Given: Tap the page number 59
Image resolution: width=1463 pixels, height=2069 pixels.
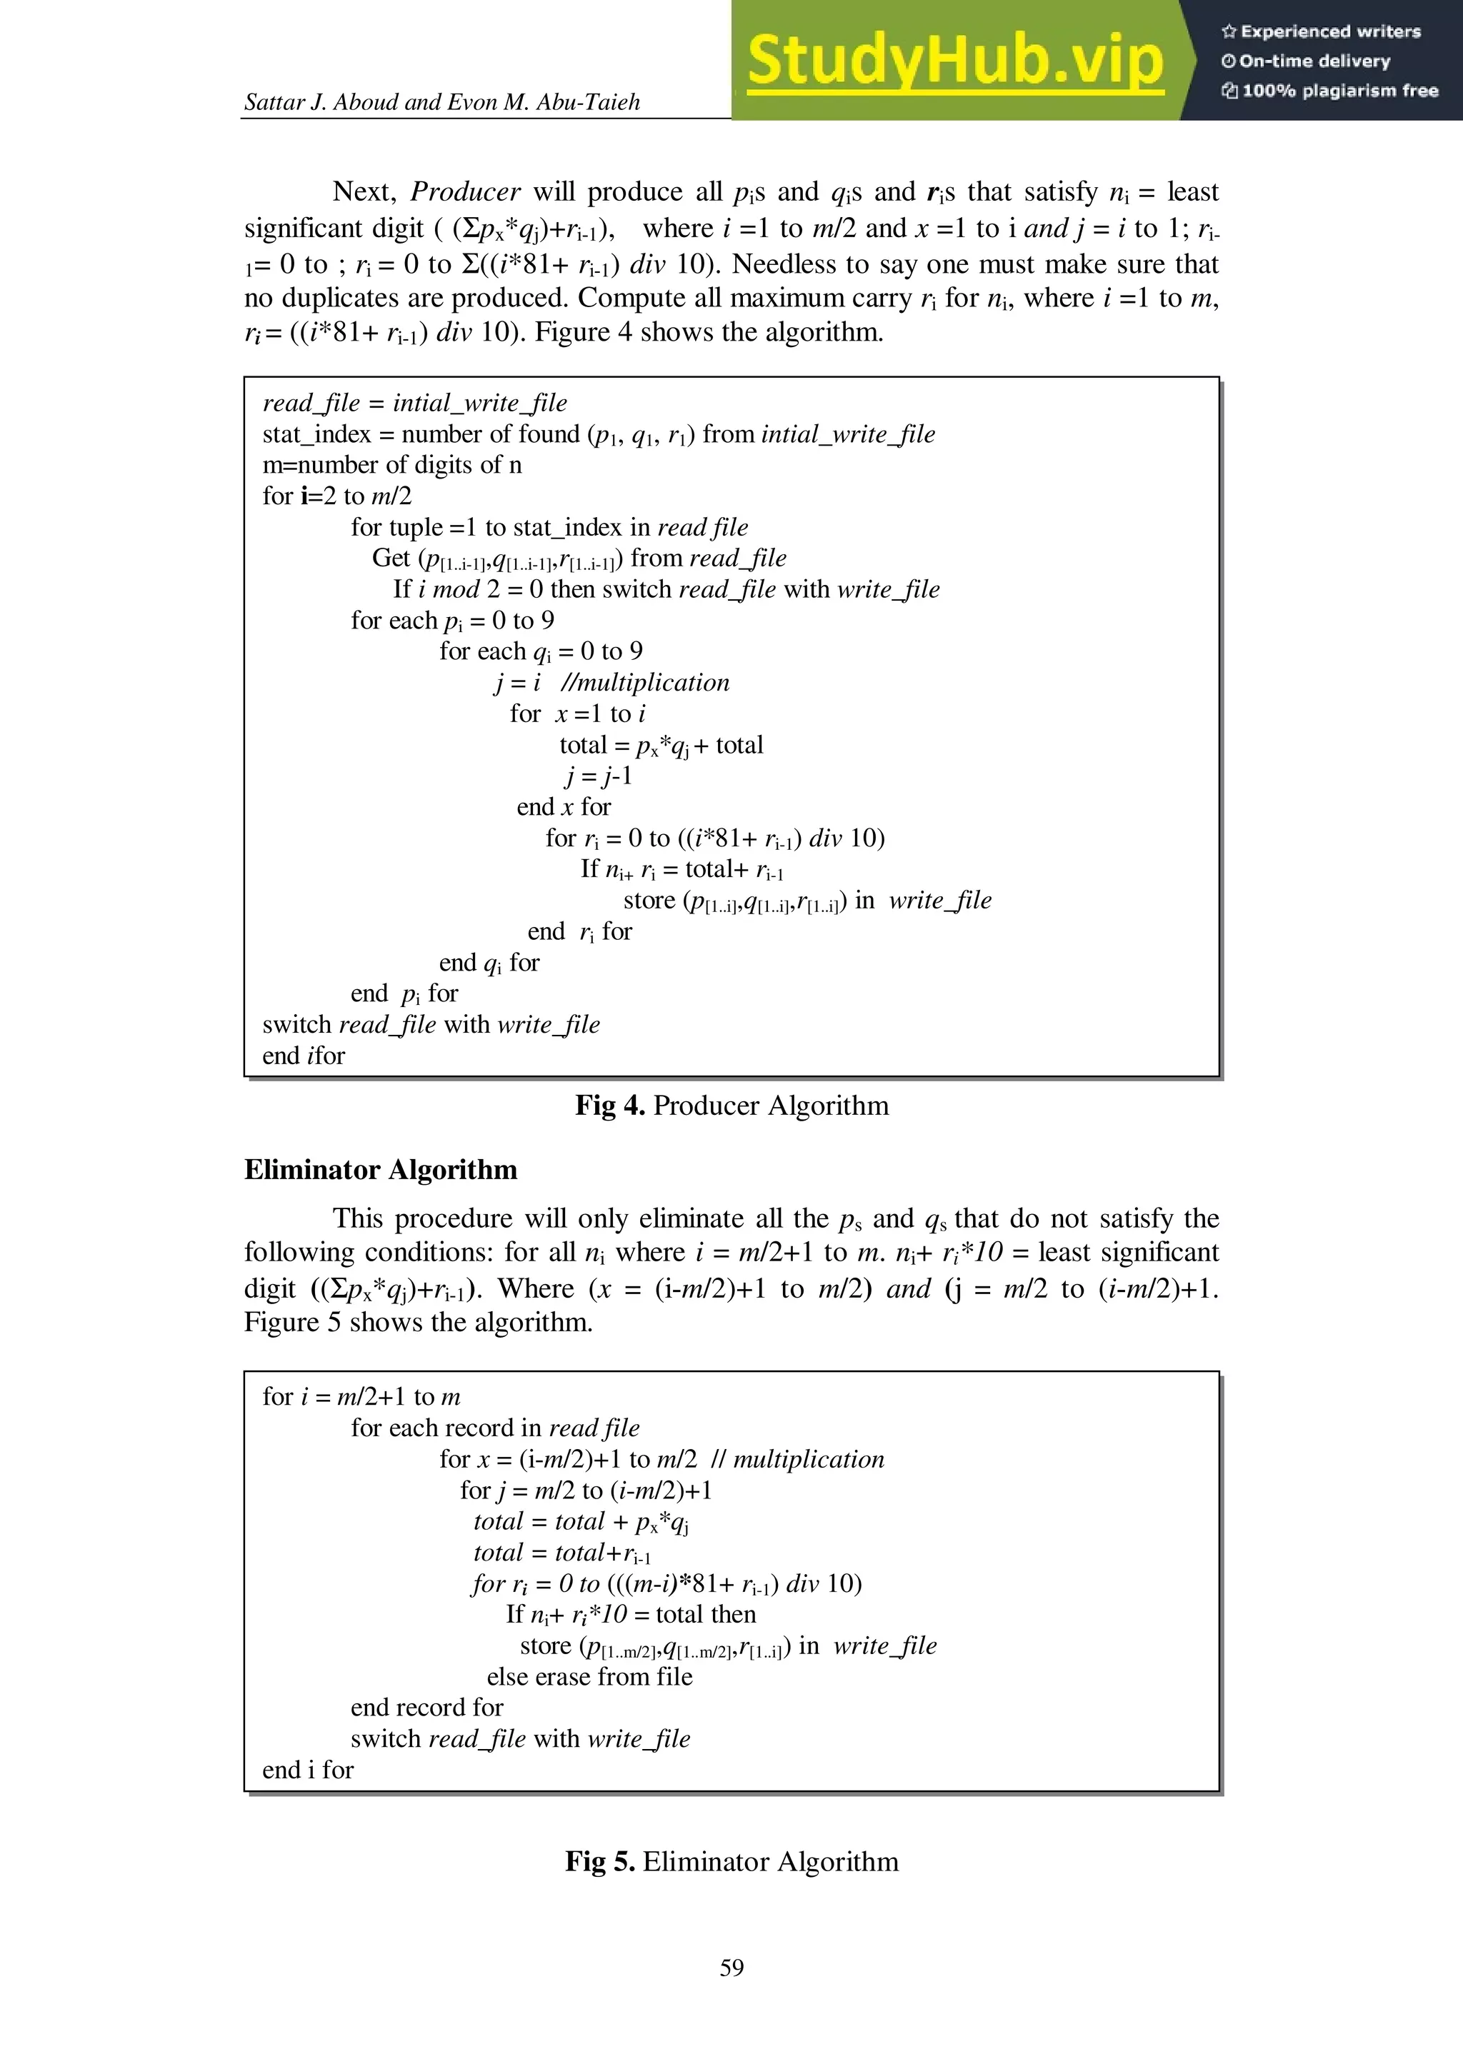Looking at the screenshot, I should pos(731,1966).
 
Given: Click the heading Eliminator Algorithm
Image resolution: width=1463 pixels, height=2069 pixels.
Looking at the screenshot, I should pos(381,1170).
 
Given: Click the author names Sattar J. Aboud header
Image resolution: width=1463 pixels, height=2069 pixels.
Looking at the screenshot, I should pos(441,102).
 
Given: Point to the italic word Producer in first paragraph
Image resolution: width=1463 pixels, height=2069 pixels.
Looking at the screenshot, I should pos(465,192).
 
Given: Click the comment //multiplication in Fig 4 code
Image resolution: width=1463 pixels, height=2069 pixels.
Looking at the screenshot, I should pos(644,682).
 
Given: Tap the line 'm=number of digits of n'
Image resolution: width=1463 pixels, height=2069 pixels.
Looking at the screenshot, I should pos(391,465).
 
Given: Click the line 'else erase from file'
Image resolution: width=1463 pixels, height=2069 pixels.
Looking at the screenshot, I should pos(589,1676).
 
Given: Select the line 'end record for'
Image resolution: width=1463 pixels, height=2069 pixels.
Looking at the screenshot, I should pos(426,1707).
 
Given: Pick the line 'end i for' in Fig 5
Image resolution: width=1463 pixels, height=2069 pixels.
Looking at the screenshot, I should pos(307,1769).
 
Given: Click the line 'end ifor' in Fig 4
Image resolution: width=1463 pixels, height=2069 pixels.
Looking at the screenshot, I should pos(303,1056).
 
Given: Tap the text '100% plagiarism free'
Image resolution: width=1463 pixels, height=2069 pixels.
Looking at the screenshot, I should pos(1339,90).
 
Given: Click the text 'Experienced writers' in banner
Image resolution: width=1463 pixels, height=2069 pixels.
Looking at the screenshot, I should pos(1329,31).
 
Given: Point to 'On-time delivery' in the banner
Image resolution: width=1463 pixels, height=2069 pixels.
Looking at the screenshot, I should pos(1314,61).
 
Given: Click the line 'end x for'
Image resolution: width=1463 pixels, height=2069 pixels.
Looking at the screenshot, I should pos(564,806).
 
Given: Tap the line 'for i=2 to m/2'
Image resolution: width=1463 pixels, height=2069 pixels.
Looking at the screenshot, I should pos(336,496).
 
